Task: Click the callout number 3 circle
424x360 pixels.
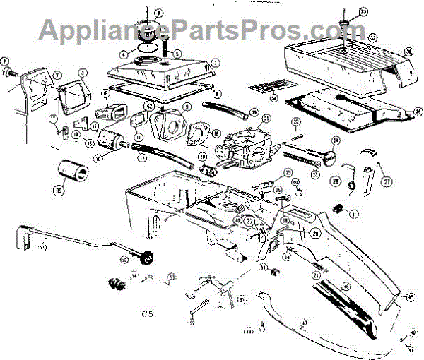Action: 83,73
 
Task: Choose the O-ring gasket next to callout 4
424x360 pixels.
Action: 147,47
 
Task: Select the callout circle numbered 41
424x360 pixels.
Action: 354,213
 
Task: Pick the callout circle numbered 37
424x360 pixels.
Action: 249,220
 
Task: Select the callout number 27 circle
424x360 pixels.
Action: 387,180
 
